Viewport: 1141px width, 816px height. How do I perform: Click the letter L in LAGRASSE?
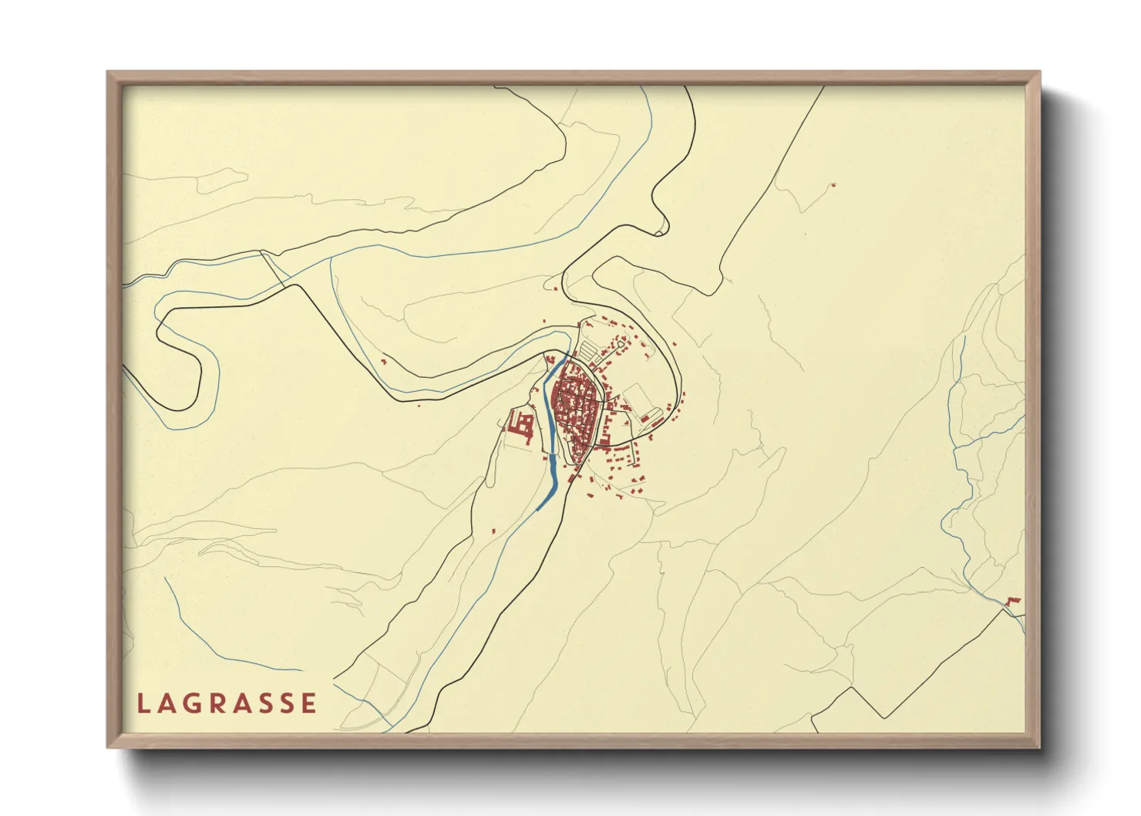click(x=143, y=703)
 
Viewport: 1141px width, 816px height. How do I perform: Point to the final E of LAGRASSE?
click(x=309, y=703)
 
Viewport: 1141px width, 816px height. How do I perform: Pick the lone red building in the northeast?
click(x=833, y=185)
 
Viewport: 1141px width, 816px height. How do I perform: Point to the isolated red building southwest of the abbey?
click(x=493, y=530)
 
